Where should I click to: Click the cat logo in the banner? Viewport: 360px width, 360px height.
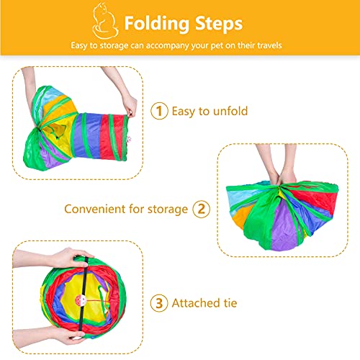(105, 21)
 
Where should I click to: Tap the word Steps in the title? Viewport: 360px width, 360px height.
(218, 24)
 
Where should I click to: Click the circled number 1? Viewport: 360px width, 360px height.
(159, 111)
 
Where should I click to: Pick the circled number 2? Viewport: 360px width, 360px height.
(202, 209)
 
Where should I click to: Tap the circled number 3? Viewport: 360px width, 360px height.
(159, 303)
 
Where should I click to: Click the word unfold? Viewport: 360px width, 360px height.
(230, 111)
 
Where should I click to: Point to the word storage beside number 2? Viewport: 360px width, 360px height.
(168, 210)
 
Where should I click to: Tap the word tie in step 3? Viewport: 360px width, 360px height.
(230, 303)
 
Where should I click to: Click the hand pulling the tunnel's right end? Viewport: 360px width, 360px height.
(130, 106)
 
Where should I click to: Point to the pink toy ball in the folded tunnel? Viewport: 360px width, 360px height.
(81, 300)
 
